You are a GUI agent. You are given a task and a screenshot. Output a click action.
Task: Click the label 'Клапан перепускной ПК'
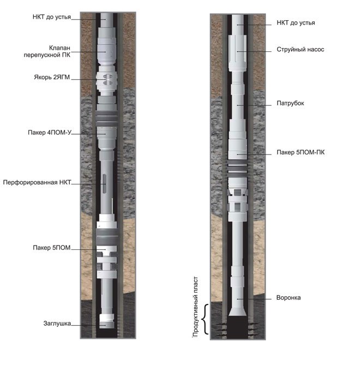tap(47, 51)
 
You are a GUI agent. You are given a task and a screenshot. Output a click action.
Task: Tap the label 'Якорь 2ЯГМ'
tap(52, 77)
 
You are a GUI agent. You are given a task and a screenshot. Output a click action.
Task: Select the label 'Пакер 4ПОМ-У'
tap(50, 133)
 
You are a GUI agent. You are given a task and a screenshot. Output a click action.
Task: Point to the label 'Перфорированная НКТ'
tap(37, 182)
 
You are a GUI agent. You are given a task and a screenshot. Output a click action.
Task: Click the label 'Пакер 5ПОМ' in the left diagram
tap(52, 247)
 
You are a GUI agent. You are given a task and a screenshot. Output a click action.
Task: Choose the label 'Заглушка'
tap(57, 323)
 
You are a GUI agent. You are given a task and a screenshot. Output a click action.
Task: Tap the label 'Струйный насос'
tap(301, 50)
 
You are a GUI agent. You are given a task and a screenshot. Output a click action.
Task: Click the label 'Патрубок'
tap(290, 103)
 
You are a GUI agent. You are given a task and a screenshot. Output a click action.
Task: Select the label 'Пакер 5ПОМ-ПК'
tap(301, 152)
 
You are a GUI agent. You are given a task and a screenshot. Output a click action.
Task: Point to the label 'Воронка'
tap(289, 297)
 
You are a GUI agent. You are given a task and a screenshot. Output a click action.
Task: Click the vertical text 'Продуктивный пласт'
tap(195, 307)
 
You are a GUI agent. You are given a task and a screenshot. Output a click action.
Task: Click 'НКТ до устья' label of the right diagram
tap(296, 23)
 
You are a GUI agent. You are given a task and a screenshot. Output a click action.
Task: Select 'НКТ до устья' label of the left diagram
tap(52, 17)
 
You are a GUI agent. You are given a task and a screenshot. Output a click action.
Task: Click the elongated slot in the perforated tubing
tap(105, 183)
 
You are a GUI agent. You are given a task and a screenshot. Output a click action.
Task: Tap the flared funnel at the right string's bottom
tap(237, 312)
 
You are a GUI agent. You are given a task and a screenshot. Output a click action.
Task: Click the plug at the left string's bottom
tap(107, 321)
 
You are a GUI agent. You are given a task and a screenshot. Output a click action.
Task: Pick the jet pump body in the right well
tap(237, 53)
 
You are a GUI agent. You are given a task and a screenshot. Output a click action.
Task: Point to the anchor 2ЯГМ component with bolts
tap(107, 80)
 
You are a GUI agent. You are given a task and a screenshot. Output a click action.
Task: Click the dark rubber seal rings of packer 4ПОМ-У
tap(107, 118)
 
